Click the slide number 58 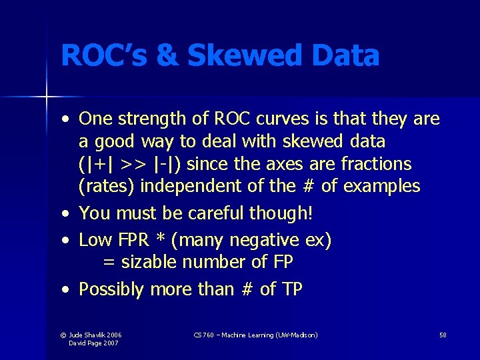tap(443, 335)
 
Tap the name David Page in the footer tap(84, 343)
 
